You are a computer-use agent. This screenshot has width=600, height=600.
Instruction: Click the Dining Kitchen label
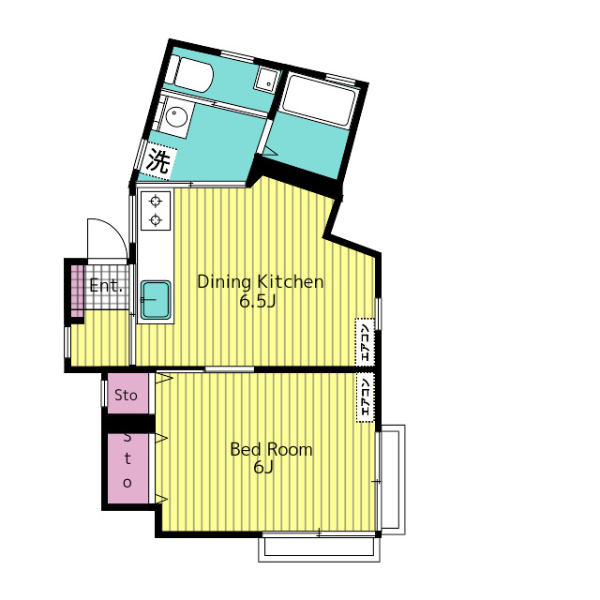pos(261,282)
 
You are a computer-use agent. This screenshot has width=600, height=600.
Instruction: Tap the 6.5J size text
pos(257,302)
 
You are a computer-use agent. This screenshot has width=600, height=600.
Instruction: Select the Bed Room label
pos(271,449)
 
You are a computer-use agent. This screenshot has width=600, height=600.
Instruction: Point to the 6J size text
pos(262,467)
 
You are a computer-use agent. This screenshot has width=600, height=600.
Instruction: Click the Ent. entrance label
pos(106,286)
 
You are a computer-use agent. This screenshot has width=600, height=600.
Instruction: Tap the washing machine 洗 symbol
pos(157,160)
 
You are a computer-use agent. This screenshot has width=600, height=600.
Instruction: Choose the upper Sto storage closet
pos(127,394)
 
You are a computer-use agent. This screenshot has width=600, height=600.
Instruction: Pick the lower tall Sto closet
pos(127,468)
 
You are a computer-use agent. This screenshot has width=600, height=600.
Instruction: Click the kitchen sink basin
pos(156,300)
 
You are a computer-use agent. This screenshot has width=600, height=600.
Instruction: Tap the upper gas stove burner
pos(156,201)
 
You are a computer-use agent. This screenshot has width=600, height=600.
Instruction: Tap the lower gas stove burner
pos(156,219)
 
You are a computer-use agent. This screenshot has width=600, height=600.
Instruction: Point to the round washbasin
pos(176,114)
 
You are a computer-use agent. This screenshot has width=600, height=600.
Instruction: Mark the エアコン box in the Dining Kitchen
pos(365,342)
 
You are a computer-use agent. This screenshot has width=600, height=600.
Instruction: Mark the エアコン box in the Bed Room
pos(365,397)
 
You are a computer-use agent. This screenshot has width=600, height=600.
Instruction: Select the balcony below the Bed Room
pos(319,547)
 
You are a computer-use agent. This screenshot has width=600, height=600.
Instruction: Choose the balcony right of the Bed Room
pos(393,479)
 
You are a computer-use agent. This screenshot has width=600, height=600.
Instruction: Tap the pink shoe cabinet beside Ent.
pos(77,291)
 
